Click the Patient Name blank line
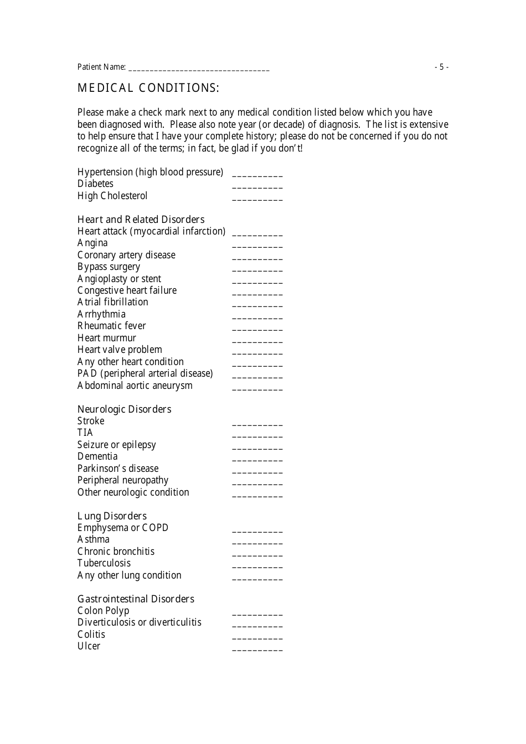[x=199, y=69]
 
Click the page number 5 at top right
[x=441, y=67]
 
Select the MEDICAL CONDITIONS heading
[x=148, y=88]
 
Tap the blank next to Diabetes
[x=257, y=186]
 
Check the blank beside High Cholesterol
[x=257, y=198]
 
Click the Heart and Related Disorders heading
[x=141, y=220]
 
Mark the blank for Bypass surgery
[x=257, y=269]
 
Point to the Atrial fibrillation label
[x=113, y=302]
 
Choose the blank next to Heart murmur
[x=257, y=341]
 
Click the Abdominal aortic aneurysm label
[x=135, y=386]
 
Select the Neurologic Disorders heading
[x=124, y=409]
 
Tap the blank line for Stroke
[x=257, y=424]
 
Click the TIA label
[x=85, y=433]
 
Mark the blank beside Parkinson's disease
[x=257, y=471]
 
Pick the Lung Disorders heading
[x=112, y=516]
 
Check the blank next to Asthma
[x=257, y=542]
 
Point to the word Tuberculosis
[x=104, y=563]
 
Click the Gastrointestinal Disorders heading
[x=136, y=599]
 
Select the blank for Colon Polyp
[x=257, y=613]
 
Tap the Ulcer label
[x=89, y=646]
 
